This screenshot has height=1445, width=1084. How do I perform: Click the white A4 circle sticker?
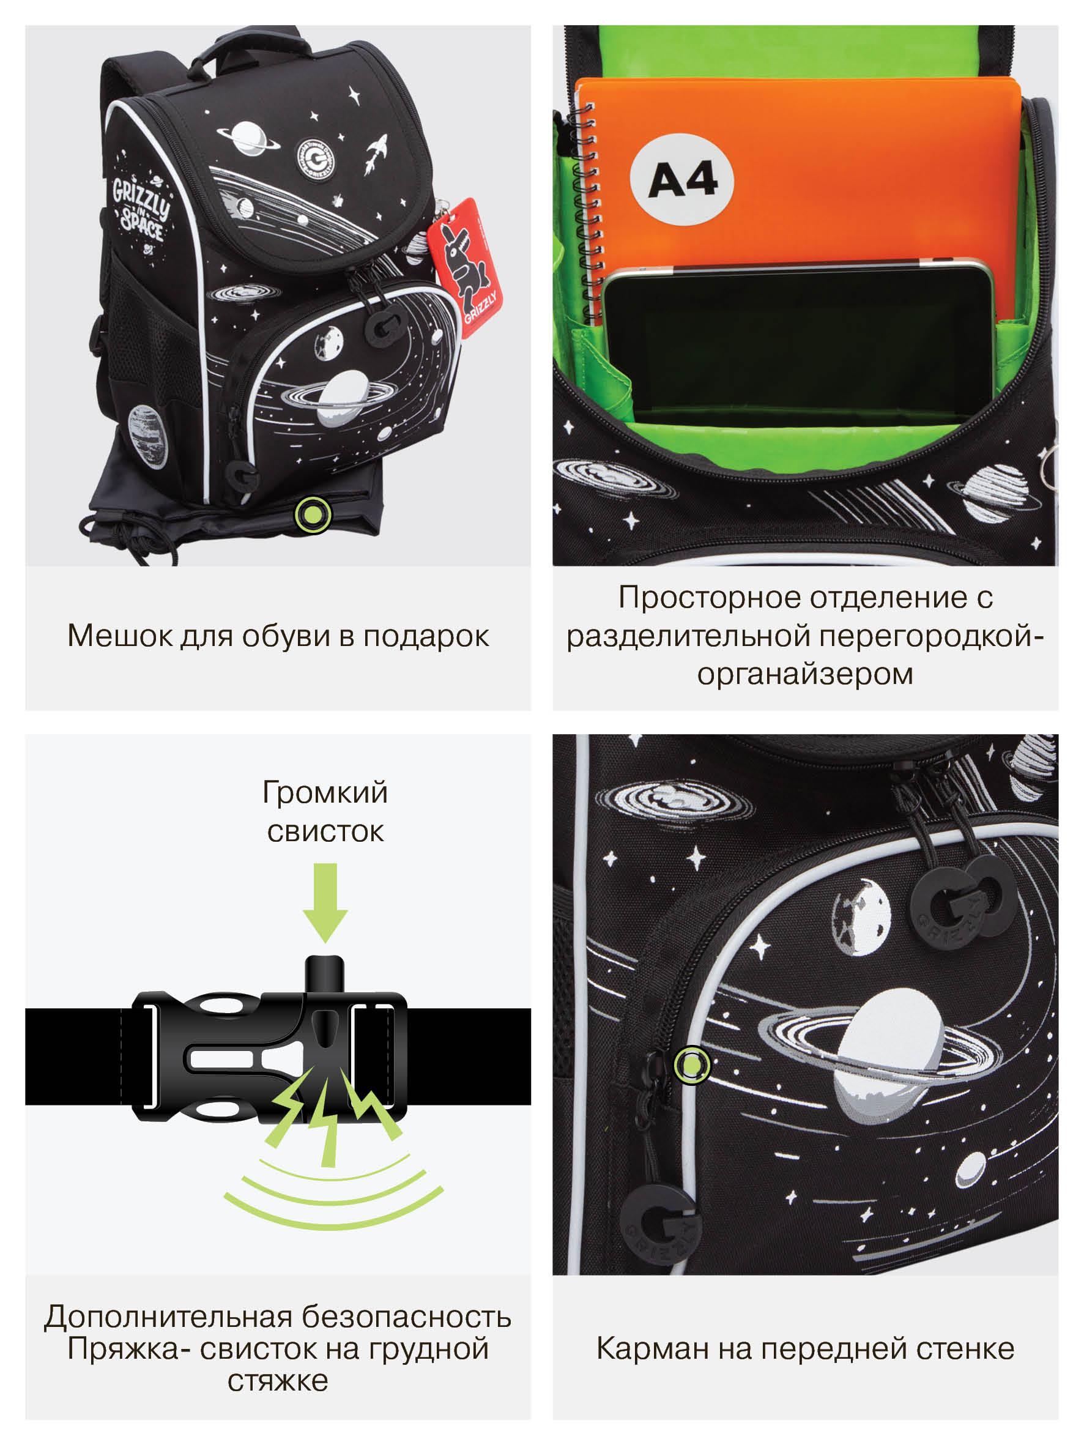click(x=681, y=179)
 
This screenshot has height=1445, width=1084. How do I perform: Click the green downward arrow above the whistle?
click(x=325, y=904)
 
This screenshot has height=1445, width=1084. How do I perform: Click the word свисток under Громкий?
click(x=325, y=832)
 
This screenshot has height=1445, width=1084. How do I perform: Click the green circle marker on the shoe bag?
click(x=313, y=514)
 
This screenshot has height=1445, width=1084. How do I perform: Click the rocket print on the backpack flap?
click(x=376, y=154)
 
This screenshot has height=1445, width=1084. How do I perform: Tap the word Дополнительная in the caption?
click(x=169, y=1317)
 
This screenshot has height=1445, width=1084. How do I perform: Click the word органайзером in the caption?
click(x=805, y=674)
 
